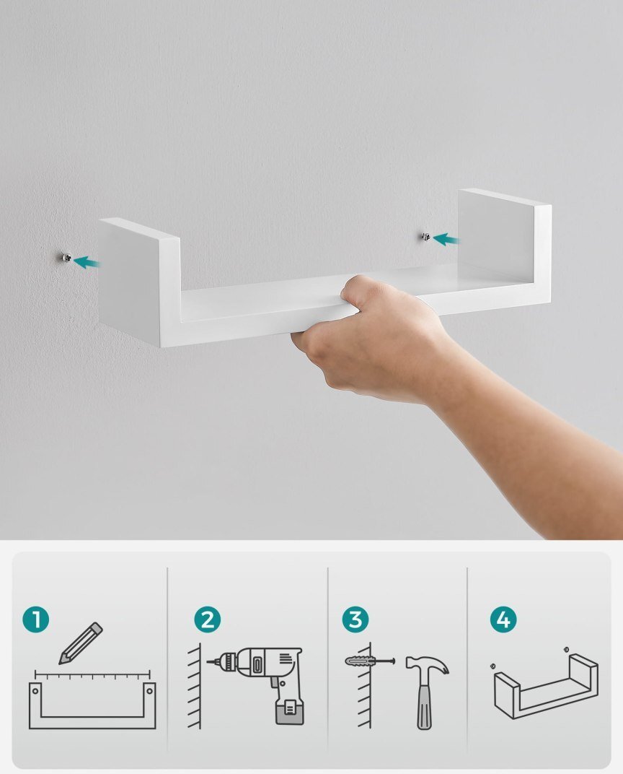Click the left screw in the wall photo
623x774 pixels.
(x=65, y=257)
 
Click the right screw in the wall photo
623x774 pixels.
(x=426, y=237)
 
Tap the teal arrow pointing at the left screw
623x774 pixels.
(x=87, y=261)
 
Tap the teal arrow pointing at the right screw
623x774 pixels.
(x=446, y=240)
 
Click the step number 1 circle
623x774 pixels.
(x=35, y=619)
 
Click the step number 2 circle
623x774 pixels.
(x=207, y=619)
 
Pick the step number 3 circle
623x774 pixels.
(x=355, y=619)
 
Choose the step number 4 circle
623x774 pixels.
(x=503, y=619)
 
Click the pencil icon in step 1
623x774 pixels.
(x=80, y=643)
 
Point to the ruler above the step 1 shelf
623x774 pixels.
(x=92, y=674)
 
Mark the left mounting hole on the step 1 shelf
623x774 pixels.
(x=35, y=690)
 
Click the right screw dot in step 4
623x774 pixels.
(x=566, y=650)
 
